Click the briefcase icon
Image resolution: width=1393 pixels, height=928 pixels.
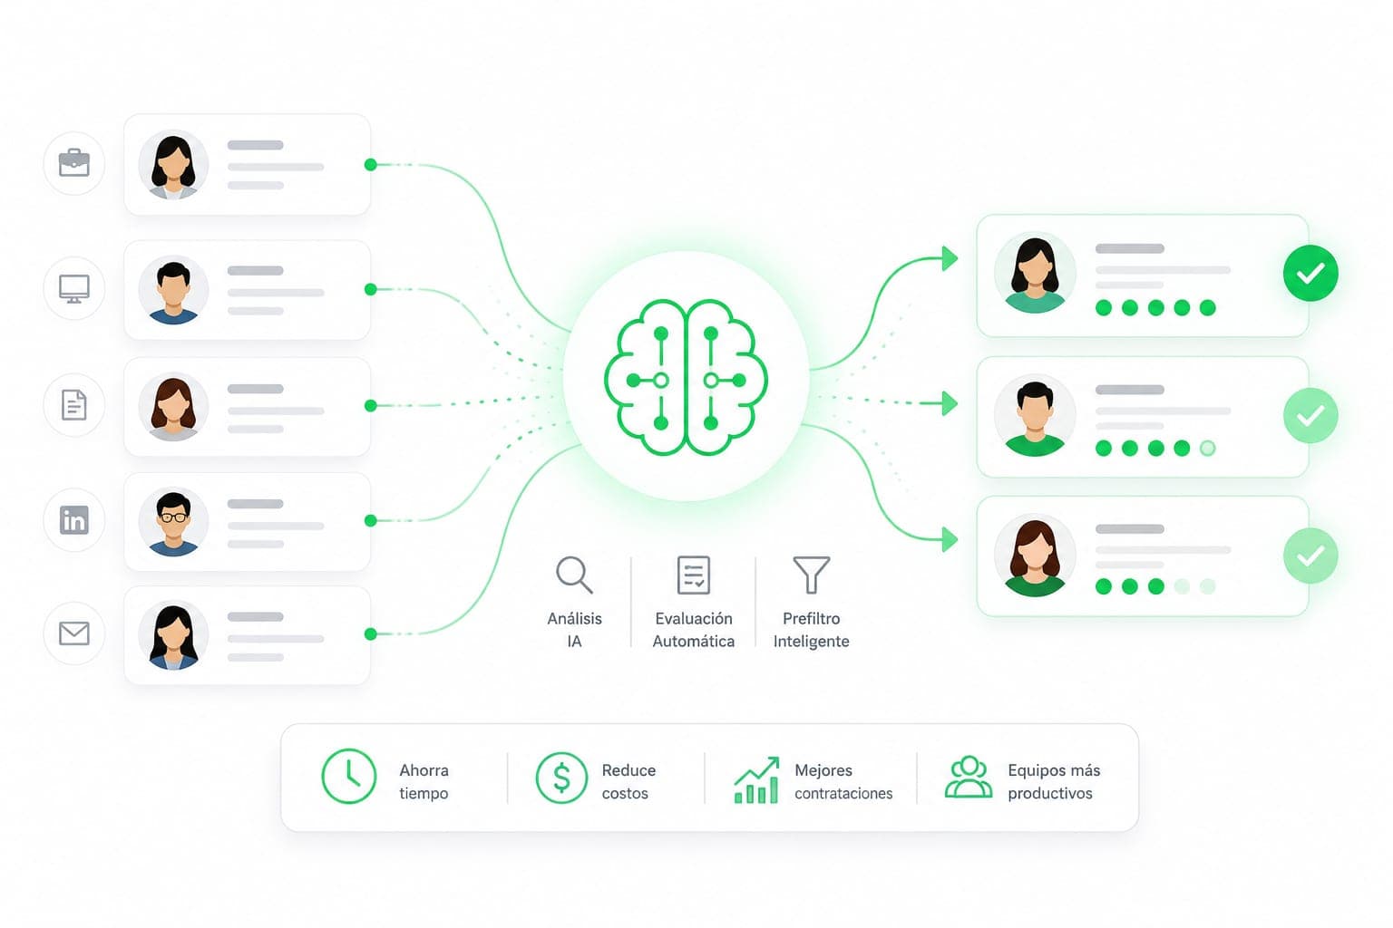click(x=74, y=163)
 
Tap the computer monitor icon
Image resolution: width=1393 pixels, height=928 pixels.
click(x=74, y=289)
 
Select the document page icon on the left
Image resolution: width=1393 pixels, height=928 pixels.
click(x=74, y=404)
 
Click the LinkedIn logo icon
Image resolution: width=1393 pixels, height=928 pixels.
click(x=74, y=519)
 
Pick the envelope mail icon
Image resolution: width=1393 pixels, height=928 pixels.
click(x=74, y=633)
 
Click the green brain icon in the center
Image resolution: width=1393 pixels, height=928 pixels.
click(x=686, y=377)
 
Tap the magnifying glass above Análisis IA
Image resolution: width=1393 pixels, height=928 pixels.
click(x=574, y=575)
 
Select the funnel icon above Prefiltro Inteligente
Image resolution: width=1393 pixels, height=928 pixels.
click(x=812, y=575)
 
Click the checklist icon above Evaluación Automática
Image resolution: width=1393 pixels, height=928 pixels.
click(x=694, y=575)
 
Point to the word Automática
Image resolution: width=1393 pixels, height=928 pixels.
click(x=694, y=641)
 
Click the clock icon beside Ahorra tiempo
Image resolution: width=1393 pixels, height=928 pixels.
click(x=349, y=777)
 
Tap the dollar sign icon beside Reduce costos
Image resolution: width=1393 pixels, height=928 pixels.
click(x=561, y=778)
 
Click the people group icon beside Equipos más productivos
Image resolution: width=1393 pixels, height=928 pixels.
click(x=969, y=777)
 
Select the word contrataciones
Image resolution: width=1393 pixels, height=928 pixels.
click(x=843, y=793)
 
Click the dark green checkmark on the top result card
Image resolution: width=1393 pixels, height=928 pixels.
click(x=1310, y=274)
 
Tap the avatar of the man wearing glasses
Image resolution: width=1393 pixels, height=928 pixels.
click(x=173, y=521)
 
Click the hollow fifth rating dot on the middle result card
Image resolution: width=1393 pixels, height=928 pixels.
click(x=1208, y=449)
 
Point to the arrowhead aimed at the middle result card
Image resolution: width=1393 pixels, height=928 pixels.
click(x=950, y=403)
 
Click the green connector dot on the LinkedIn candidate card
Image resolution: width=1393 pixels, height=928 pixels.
click(x=371, y=520)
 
